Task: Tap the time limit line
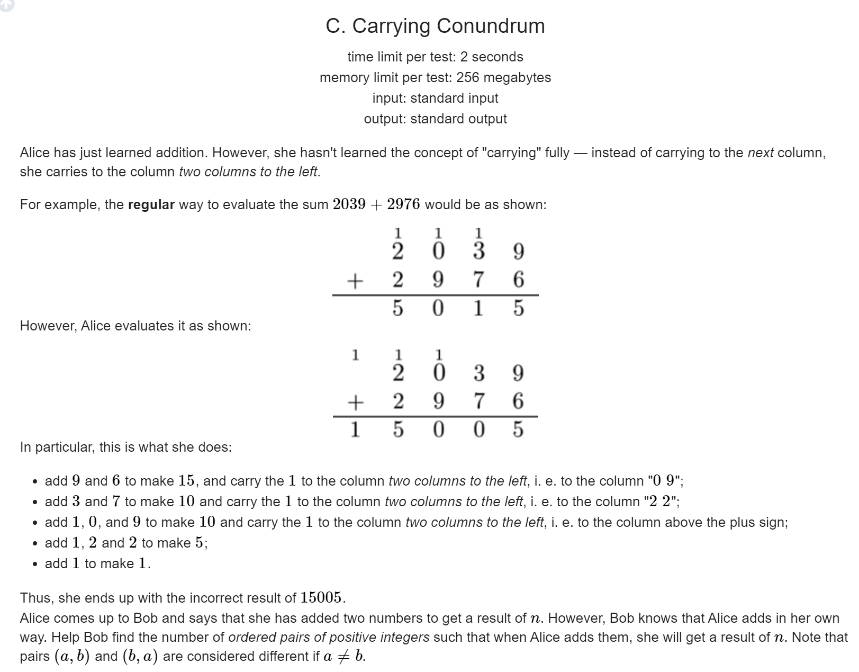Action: tap(435, 57)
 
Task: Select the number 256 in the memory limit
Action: tap(467, 77)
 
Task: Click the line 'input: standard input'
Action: tap(435, 98)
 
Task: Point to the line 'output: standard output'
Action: tap(435, 119)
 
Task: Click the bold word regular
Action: tap(151, 205)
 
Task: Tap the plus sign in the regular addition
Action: tap(356, 280)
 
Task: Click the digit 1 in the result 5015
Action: tap(478, 308)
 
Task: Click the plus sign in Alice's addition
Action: tap(356, 402)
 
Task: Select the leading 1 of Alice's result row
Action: tap(356, 429)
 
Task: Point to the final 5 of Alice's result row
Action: tap(518, 429)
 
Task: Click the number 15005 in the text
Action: tap(321, 598)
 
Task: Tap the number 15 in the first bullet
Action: tap(186, 481)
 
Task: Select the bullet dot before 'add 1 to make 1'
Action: tap(34, 565)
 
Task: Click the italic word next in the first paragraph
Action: tap(761, 153)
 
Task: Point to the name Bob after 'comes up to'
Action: tap(143, 618)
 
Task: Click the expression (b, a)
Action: tap(140, 657)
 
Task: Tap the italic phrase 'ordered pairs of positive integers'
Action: tap(329, 637)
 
